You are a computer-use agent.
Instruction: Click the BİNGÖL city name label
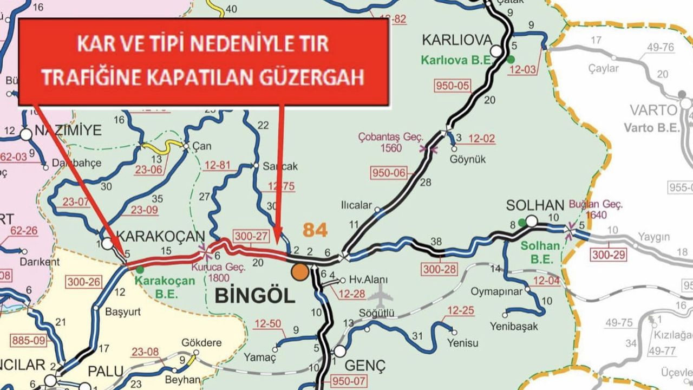pos(255,296)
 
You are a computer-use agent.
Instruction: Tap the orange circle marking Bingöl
pos(298,272)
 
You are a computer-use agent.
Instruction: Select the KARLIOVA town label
pos(457,40)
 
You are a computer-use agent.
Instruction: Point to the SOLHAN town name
pos(535,206)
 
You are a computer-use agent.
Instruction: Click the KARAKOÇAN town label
pos(161,236)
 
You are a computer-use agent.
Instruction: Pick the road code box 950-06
pos(388,173)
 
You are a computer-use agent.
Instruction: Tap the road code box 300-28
pos(439,269)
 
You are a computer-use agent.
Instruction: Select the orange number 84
pos(315,230)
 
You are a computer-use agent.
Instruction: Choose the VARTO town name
pos(653,110)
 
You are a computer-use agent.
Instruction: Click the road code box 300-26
pos(84,282)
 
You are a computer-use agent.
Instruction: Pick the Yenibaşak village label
pos(514,326)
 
